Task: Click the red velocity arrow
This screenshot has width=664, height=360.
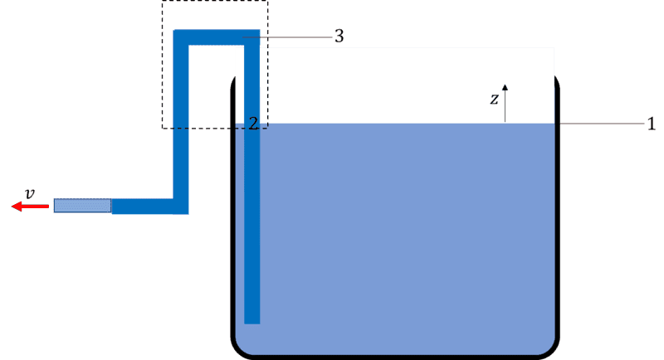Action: point(30,207)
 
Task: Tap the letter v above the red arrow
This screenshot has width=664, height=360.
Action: point(29,194)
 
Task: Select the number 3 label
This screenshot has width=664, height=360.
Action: point(339,36)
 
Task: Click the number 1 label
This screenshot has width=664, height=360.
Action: point(652,124)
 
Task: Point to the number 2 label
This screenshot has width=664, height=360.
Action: point(253,123)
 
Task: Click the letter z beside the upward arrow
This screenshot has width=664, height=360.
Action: point(494,99)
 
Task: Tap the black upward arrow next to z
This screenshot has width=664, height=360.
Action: point(505,103)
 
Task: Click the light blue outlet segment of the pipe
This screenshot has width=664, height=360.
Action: point(82,206)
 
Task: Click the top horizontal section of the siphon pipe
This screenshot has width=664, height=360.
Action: point(217,37)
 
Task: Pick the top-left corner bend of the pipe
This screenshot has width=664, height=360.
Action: point(181,37)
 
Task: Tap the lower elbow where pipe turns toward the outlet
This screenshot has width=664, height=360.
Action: point(181,207)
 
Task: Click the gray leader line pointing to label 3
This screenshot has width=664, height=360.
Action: point(287,37)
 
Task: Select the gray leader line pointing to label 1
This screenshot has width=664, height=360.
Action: point(601,124)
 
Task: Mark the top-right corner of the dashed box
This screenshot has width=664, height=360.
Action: point(267,1)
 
